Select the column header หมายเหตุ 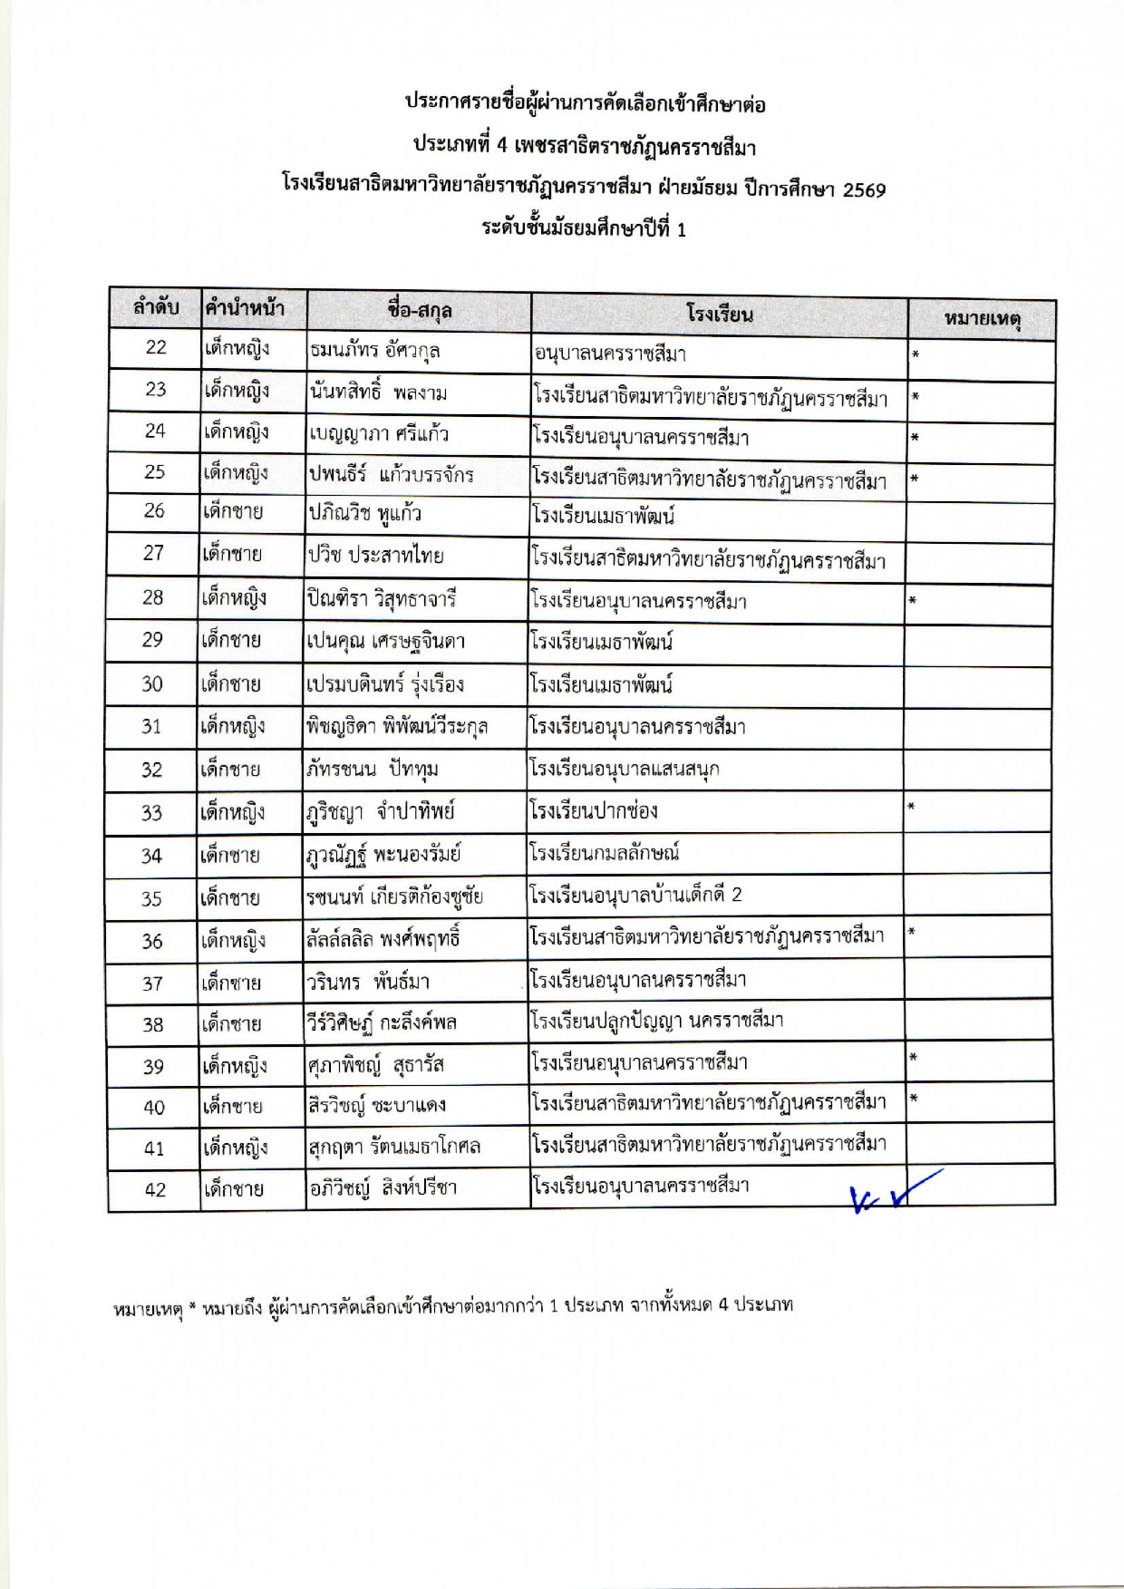(983, 319)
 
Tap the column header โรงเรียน (720, 315)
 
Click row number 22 (156, 347)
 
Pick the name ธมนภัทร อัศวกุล (374, 350)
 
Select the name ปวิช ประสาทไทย (375, 555)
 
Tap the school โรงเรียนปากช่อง (594, 810)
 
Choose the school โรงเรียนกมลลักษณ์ (605, 853)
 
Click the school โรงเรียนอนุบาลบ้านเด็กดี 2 (635, 896)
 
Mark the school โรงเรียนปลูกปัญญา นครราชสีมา (657, 1022)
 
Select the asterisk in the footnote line (193, 1306)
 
